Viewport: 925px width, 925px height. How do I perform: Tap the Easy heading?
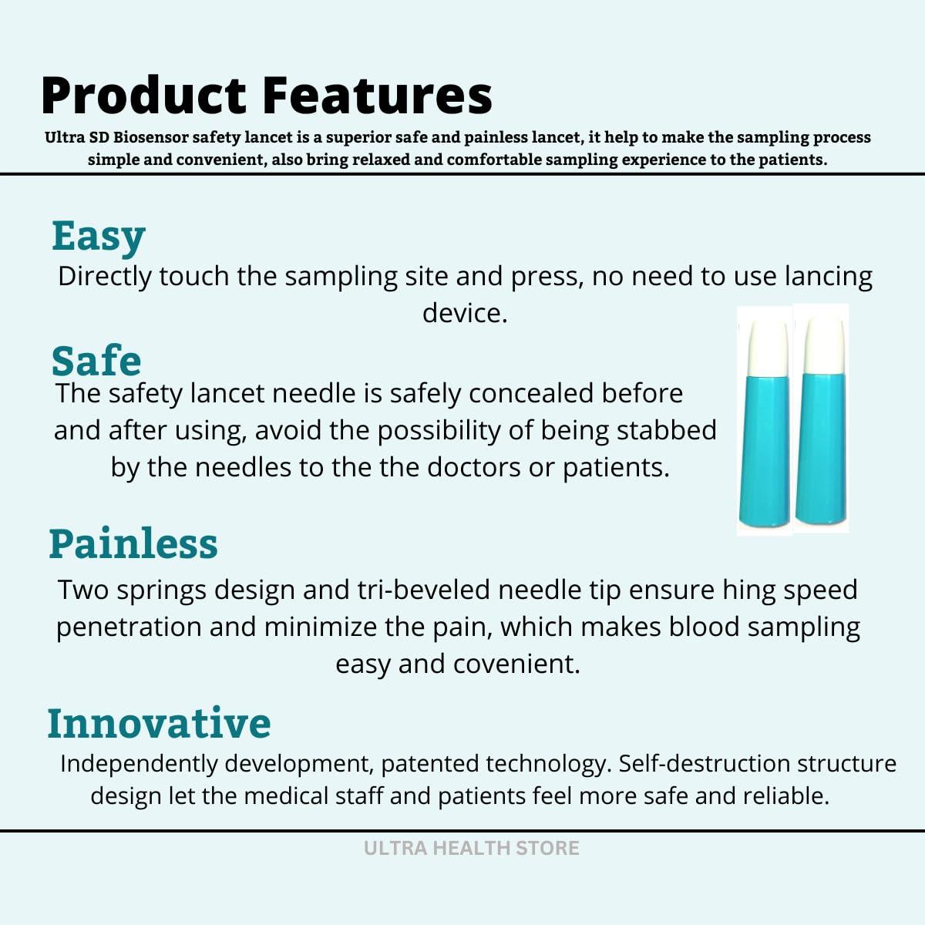[x=99, y=236]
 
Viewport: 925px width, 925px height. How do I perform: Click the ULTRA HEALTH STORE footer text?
[x=472, y=848]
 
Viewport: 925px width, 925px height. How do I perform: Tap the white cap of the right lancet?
[x=824, y=345]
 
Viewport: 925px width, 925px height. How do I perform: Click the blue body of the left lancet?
[x=765, y=451]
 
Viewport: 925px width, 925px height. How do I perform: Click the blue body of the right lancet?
[x=822, y=449]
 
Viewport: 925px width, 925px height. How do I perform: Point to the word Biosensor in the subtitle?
[x=150, y=137]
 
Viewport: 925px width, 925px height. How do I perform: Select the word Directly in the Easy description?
[x=104, y=277]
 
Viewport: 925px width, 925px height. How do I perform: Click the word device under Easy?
[x=465, y=314]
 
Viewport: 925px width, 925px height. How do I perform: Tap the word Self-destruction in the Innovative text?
[x=705, y=764]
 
